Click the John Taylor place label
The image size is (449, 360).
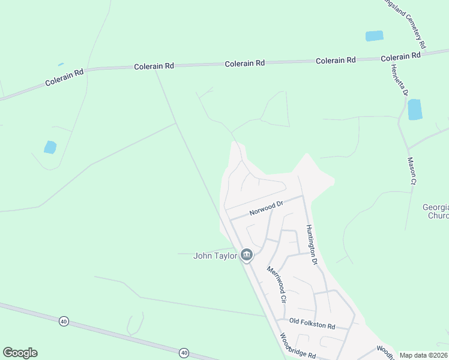pos(214,256)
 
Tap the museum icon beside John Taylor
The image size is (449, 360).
pos(246,256)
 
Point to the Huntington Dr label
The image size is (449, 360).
pos(311,245)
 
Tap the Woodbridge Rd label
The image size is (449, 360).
pos(298,347)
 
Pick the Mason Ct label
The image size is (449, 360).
pos(412,170)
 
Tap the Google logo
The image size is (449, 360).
pos(20,353)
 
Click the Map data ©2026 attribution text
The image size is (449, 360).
pos(424,355)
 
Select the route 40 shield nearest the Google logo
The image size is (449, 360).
pos(64,322)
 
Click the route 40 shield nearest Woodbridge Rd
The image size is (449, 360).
pos(184,352)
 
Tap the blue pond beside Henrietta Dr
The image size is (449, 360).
pos(414,109)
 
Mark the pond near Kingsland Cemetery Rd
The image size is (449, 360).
pos(374,36)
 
